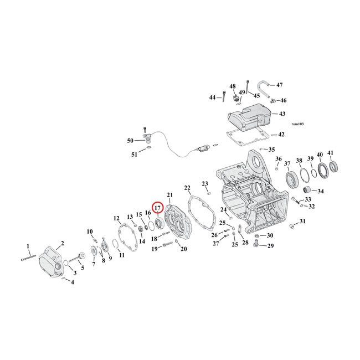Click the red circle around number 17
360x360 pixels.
157,208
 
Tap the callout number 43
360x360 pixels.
282,114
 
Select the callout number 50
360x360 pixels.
131,141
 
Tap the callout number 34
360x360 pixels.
321,192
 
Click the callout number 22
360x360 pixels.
187,188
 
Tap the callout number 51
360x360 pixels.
134,155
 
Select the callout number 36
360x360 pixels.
279,159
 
